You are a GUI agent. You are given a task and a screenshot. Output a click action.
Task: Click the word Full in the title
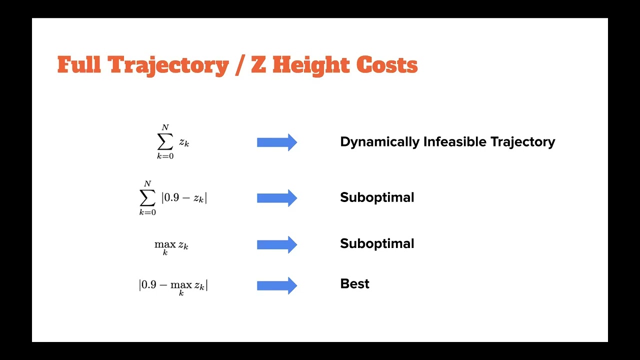coord(78,65)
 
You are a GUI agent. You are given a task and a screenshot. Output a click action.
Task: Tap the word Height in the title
coord(310,65)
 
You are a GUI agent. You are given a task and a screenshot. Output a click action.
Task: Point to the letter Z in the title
coord(258,65)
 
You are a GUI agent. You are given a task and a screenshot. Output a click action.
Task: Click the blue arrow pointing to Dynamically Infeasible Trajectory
coord(277,142)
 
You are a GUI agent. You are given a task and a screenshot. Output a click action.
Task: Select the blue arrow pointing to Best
coord(277,285)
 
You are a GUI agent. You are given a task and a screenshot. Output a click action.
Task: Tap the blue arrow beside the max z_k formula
coord(277,244)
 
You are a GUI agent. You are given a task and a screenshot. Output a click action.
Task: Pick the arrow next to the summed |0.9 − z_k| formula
coord(277,198)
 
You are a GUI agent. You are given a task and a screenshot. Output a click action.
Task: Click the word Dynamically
coord(379,142)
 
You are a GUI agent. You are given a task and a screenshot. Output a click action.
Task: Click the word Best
coord(354,284)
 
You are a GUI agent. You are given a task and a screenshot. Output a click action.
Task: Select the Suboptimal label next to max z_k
coord(377,243)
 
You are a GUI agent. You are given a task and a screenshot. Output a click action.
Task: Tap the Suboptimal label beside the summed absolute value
coord(377,197)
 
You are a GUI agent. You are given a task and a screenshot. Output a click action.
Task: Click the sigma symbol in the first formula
coord(165,142)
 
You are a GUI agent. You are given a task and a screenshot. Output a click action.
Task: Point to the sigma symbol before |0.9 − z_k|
coord(147,198)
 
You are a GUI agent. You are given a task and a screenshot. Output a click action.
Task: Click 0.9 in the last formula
coord(148,284)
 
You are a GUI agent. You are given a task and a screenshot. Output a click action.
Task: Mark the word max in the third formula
coord(165,244)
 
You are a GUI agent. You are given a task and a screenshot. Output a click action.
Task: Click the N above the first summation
coord(165,128)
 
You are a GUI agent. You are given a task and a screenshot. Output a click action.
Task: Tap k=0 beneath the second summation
coord(147,212)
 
